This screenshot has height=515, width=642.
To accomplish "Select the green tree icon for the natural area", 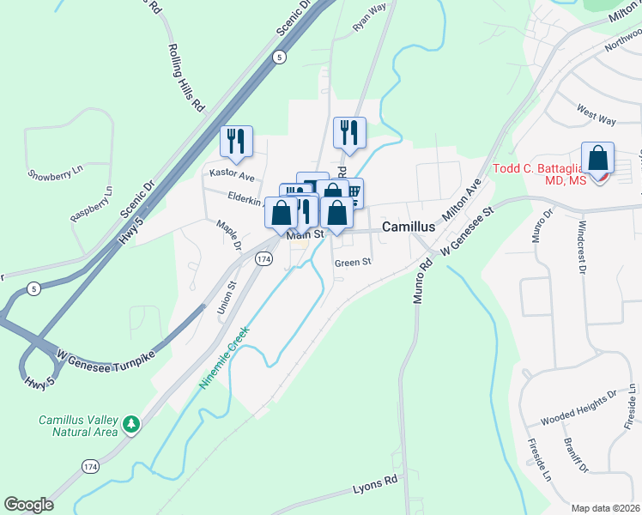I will (130, 424).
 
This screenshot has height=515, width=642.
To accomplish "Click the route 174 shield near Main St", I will (264, 258).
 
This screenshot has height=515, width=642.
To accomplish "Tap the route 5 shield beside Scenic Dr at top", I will (278, 57).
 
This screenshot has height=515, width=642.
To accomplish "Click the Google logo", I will (28, 505).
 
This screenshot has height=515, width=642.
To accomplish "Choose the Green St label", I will (353, 263).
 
